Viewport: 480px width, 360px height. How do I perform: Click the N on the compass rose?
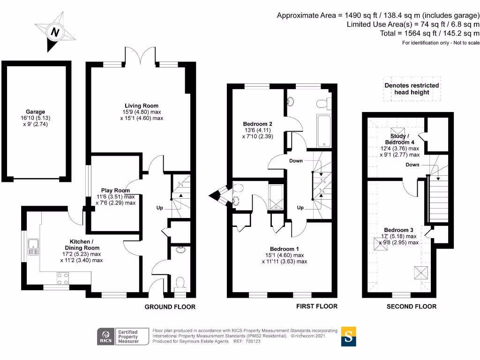[55, 32]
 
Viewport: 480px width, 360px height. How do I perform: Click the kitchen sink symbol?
[33, 247]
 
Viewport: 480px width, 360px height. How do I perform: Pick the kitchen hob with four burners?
[63, 278]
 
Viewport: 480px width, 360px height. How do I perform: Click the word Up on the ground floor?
[160, 208]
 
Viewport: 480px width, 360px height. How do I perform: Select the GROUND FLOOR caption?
[170, 307]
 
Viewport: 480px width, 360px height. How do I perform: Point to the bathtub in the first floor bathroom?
[324, 131]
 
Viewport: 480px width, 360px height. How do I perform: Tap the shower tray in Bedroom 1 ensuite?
[276, 197]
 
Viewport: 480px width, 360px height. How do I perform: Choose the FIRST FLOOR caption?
[317, 306]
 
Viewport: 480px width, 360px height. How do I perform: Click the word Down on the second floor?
[412, 165]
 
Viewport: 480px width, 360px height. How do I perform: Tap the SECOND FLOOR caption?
[412, 307]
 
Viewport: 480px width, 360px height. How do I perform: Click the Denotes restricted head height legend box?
[412, 89]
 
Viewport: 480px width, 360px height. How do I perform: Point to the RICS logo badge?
[106, 337]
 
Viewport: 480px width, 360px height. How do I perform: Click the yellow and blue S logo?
[349, 337]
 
